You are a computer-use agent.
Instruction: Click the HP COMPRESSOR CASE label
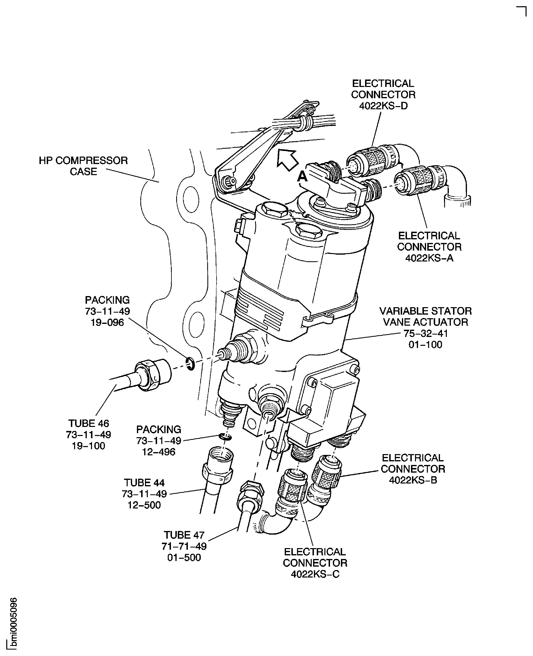pyautogui.click(x=83, y=166)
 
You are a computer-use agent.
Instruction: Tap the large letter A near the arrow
pyautogui.click(x=302, y=177)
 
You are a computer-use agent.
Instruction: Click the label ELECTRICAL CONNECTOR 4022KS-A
pyautogui.click(x=429, y=247)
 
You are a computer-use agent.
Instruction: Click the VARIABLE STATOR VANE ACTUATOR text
pyautogui.click(x=425, y=316)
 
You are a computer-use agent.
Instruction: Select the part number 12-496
pyautogui.click(x=158, y=452)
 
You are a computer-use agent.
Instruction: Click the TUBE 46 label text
pyautogui.click(x=89, y=423)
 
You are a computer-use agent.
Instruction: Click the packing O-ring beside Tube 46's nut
pyautogui.click(x=190, y=364)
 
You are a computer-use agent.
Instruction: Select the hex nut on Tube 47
pyautogui.click(x=250, y=493)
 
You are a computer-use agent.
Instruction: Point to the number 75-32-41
pyautogui.click(x=425, y=333)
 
